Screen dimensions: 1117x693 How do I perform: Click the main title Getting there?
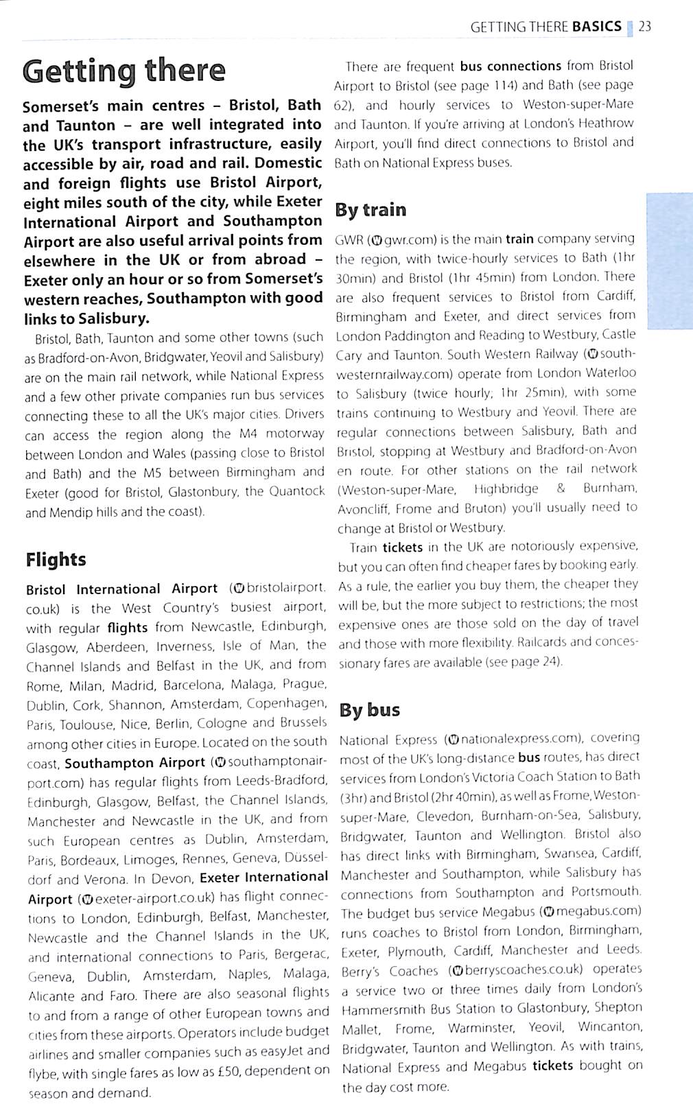124,71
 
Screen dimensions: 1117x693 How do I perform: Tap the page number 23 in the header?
644,27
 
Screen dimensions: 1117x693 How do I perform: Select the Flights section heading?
56,560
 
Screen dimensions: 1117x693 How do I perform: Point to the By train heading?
371,210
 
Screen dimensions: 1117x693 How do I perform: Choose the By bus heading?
369,709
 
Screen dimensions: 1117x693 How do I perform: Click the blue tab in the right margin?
669,261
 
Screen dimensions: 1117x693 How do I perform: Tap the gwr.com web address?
393,239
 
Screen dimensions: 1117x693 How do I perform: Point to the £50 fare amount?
224,1070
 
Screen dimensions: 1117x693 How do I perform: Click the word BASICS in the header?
596,27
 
